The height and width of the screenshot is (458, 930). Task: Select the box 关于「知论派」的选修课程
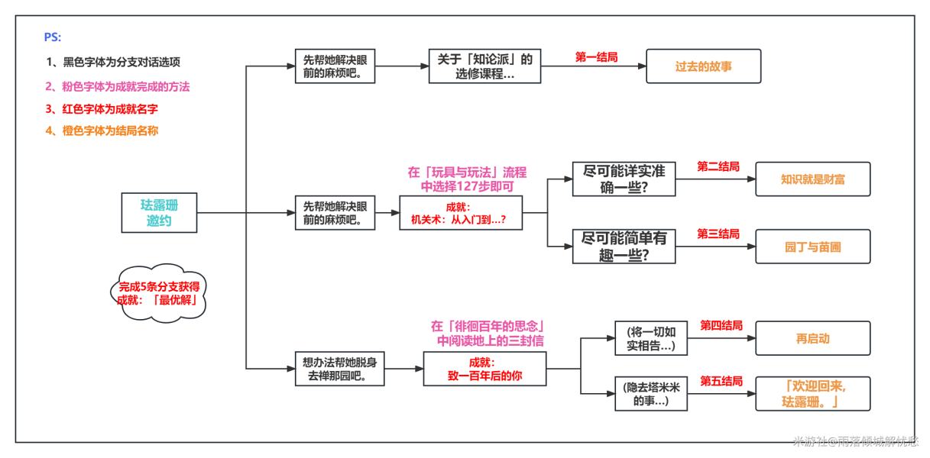pos(484,66)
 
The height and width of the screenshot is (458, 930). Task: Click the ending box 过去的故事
pos(704,66)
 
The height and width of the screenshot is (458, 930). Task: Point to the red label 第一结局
pos(596,56)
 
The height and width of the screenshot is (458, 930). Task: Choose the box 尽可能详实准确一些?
pos(624,180)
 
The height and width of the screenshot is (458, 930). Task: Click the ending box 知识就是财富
pos(812,180)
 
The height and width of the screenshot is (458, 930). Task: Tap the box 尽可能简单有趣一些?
pos(624,246)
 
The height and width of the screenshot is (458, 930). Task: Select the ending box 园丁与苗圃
pos(812,246)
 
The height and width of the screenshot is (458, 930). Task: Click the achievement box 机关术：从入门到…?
pos(460,214)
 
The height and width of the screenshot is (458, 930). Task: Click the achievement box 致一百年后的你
pos(484,369)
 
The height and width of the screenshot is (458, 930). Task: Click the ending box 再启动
pos(812,338)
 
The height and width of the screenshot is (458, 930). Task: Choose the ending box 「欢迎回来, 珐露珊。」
pos(812,394)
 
